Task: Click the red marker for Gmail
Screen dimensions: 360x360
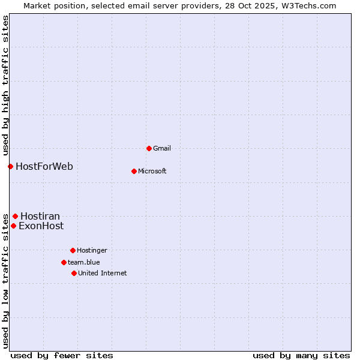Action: [149, 148]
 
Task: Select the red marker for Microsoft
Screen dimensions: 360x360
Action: [134, 171]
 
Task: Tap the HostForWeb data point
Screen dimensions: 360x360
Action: [10, 166]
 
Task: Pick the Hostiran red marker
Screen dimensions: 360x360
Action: [15, 216]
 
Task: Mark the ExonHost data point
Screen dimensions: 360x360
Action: [13, 226]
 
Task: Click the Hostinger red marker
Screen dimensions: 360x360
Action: [73, 250]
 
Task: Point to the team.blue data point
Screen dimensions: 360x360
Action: [64, 262]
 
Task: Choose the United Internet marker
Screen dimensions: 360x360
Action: [74, 273]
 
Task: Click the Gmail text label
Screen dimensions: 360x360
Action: [162, 148]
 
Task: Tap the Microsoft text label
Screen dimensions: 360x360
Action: [152, 171]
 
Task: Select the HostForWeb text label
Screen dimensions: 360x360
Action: [44, 166]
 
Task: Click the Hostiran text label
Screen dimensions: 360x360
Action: [40, 216]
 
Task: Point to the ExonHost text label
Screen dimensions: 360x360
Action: [41, 226]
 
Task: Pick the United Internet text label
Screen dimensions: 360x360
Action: [102, 273]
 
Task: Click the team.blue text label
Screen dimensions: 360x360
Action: [83, 262]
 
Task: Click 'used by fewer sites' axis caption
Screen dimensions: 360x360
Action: [62, 355]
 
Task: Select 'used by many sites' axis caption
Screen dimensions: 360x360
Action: [301, 355]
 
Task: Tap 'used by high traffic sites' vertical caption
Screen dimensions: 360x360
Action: [5, 85]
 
